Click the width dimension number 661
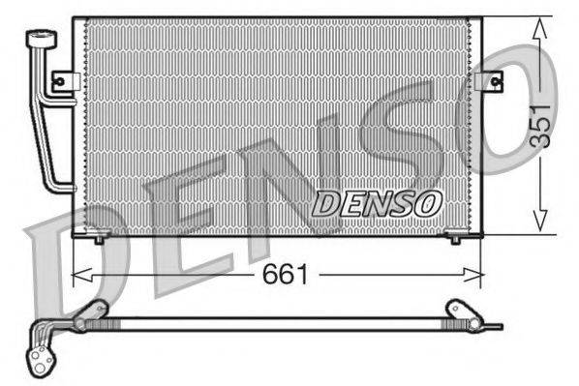click(x=285, y=275)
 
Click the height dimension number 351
click(x=539, y=126)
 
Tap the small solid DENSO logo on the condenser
click(x=377, y=204)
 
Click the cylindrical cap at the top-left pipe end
click(x=42, y=39)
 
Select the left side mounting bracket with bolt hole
click(x=66, y=81)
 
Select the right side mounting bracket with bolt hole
click(x=489, y=81)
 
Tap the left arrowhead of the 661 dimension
click(x=81, y=275)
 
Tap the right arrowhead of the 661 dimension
click(x=473, y=275)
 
